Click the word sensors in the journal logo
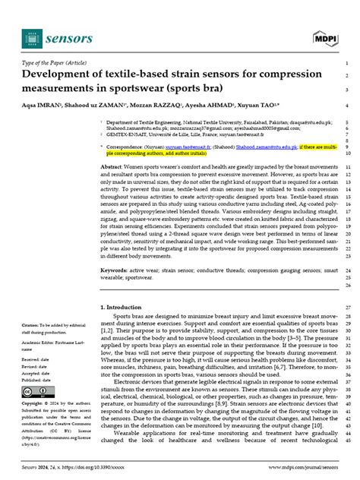click(x=70, y=38)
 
